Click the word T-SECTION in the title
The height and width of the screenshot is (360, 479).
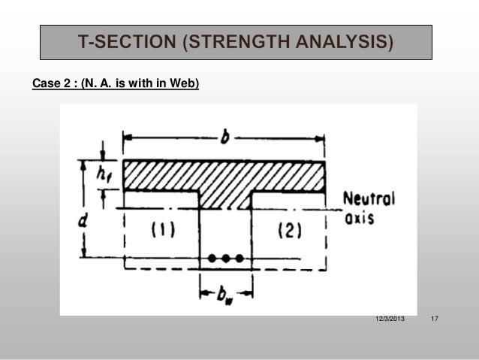click(128, 41)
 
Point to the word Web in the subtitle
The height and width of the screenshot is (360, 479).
click(184, 83)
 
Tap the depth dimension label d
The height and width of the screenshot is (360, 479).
click(89, 222)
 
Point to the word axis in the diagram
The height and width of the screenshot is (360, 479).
click(359, 219)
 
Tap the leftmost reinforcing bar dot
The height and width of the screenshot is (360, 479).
click(212, 259)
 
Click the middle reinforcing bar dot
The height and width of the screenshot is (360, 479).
click(225, 259)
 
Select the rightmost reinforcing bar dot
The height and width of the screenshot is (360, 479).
click(239, 259)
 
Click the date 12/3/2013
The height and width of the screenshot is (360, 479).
click(389, 321)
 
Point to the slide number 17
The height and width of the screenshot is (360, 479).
click(433, 321)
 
